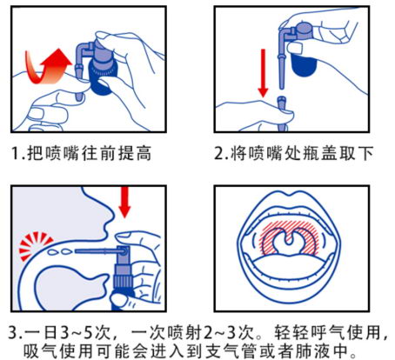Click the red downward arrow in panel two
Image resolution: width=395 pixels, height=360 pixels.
(x=263, y=73)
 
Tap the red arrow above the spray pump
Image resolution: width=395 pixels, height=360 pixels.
(x=124, y=202)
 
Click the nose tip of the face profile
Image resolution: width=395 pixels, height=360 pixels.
(x=111, y=214)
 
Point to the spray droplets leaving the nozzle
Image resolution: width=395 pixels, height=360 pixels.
(x=60, y=251)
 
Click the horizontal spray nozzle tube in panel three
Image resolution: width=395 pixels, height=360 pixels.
(x=97, y=250)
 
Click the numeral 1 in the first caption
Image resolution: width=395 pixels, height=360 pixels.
(x=15, y=153)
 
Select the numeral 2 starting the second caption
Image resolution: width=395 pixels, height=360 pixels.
(x=218, y=153)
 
